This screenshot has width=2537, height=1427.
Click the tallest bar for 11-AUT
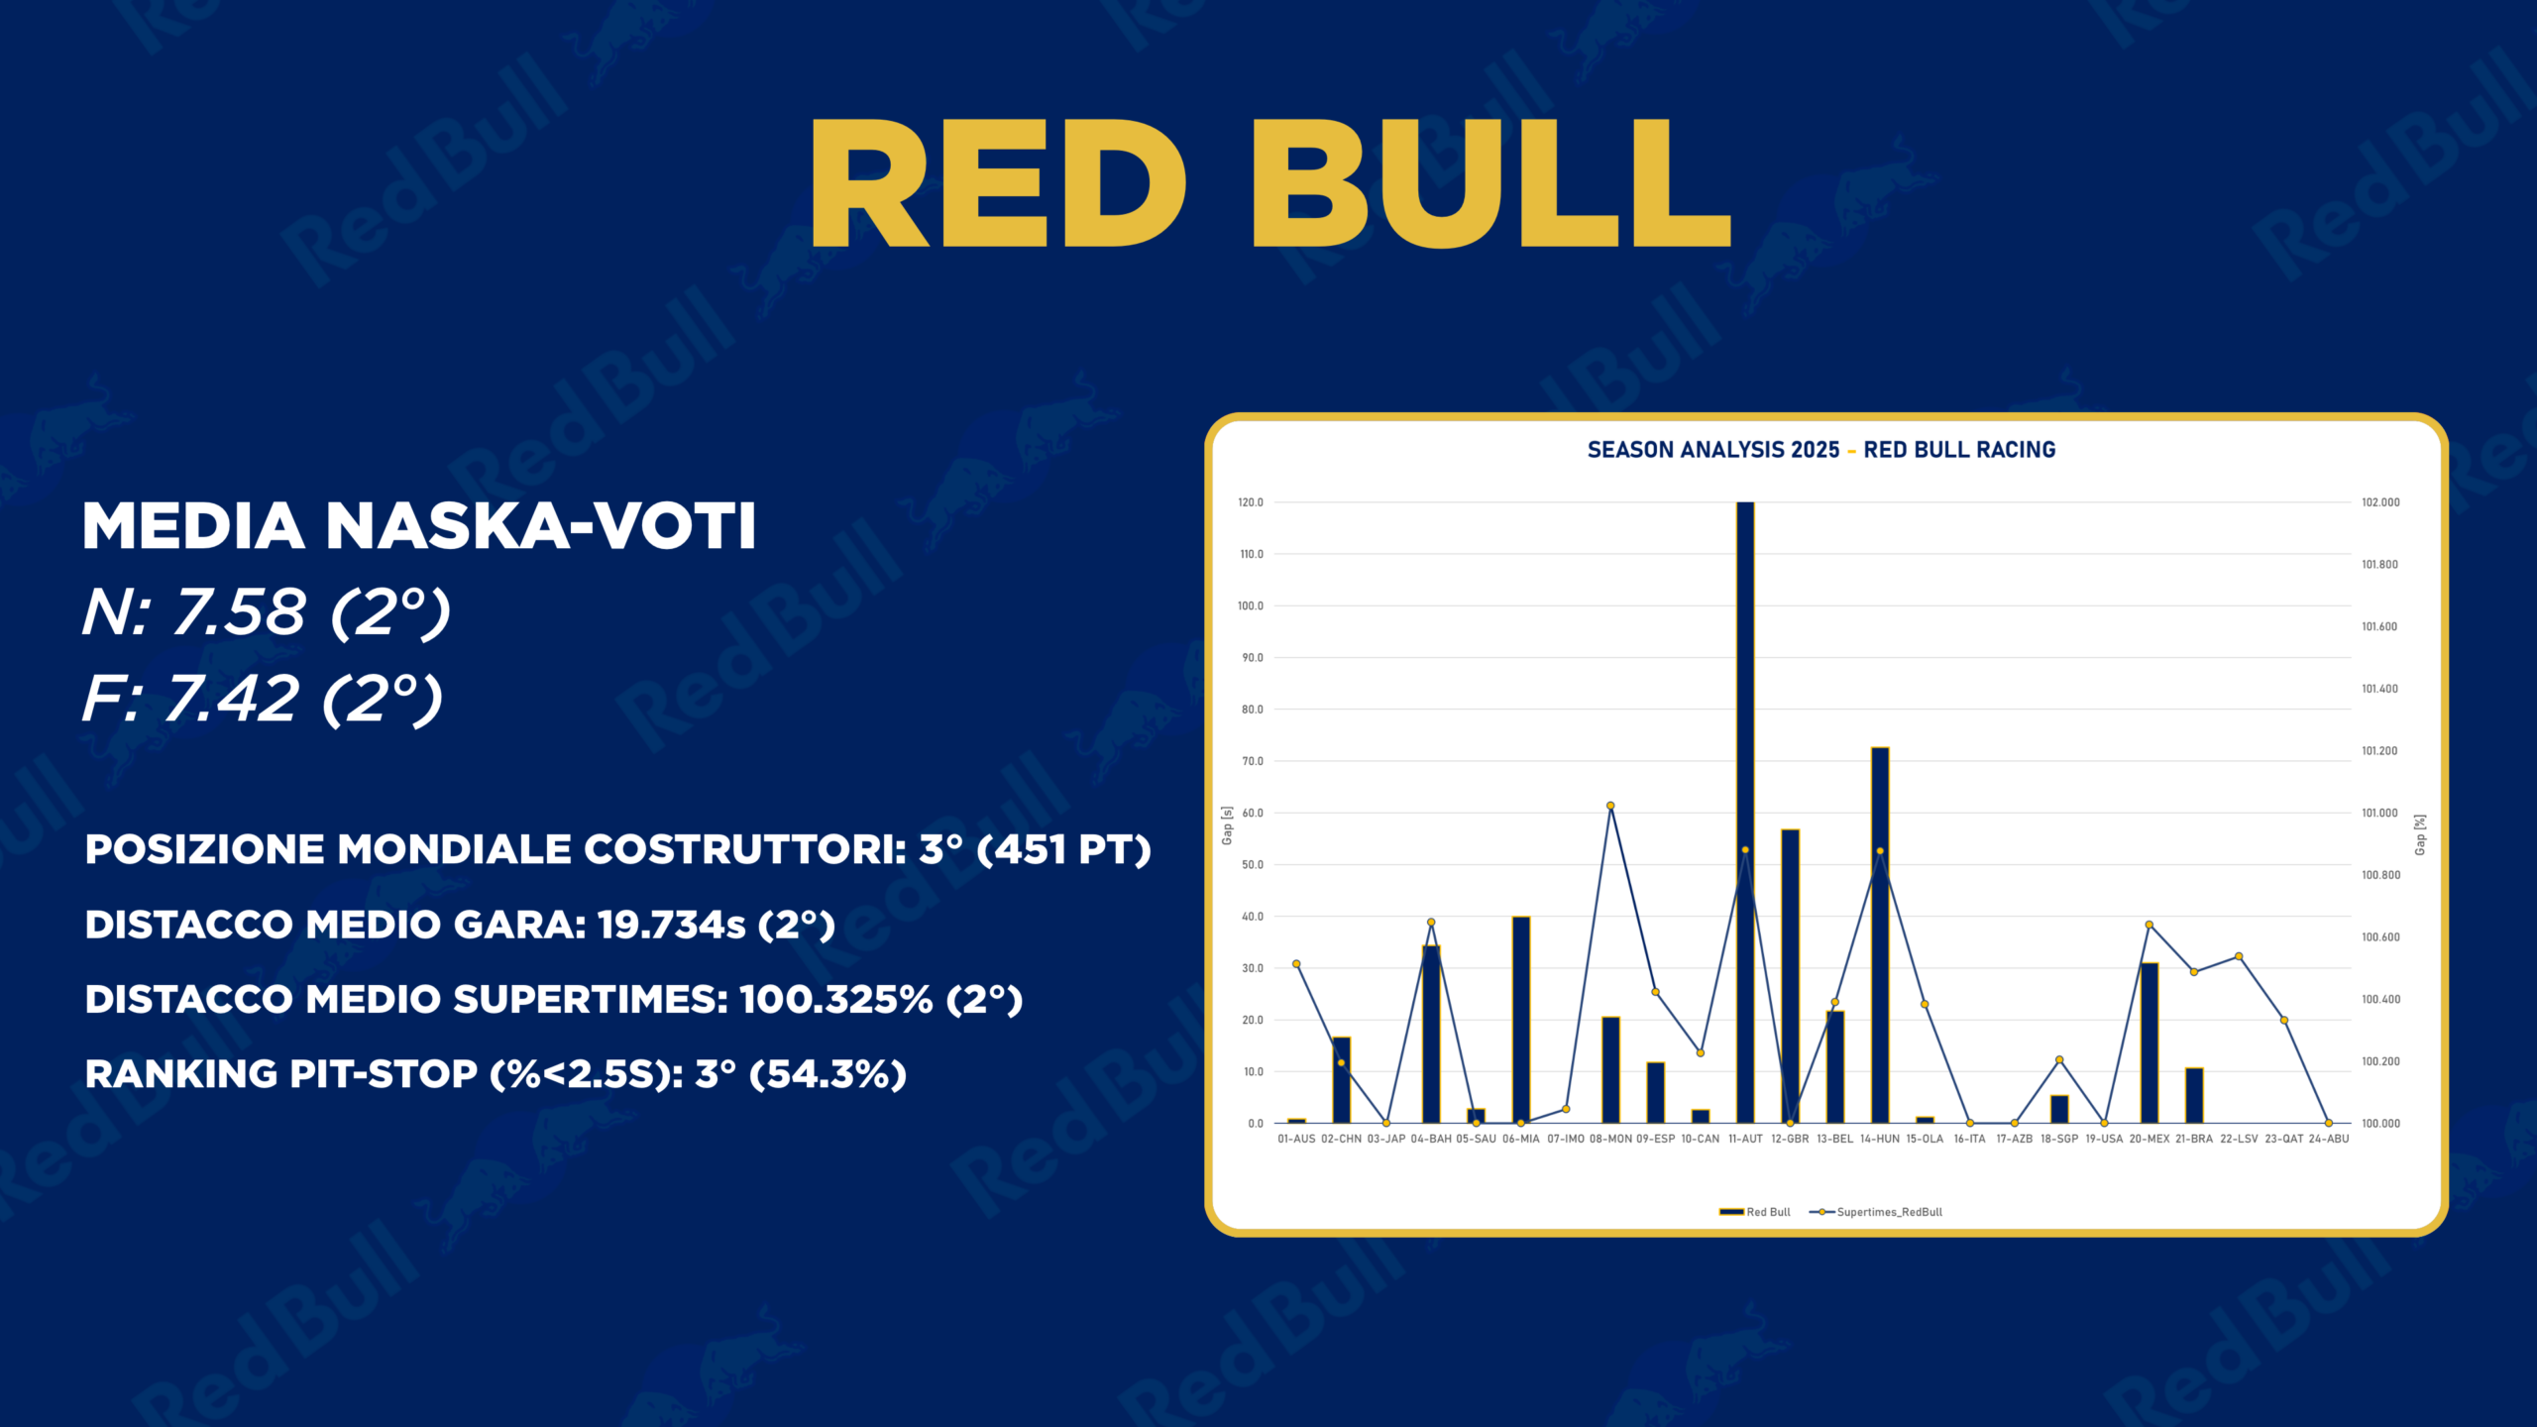1745,813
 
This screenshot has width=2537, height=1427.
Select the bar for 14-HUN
1880,935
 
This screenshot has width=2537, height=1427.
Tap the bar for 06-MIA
1521,1020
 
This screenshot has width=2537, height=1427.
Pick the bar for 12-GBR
1790,976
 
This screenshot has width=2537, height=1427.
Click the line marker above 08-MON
1610,806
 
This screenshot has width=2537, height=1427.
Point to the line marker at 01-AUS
1296,963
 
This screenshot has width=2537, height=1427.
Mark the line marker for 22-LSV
2239,956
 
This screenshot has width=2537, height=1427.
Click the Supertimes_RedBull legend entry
1876,1212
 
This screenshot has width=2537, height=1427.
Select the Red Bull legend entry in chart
1755,1212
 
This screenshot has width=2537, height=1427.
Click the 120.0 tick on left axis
1251,502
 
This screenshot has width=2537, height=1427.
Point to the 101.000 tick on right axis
2380,813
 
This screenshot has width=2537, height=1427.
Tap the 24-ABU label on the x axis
2329,1139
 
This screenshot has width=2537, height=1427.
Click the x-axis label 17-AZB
2015,1139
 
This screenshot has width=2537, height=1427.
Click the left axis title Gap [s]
1227,825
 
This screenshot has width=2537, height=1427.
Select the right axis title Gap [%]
2420,835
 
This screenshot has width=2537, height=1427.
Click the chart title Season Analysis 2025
1713,450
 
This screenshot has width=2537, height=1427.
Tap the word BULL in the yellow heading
1491,183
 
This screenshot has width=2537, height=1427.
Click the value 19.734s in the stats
671,925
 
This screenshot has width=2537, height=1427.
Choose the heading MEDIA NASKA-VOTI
419,525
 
